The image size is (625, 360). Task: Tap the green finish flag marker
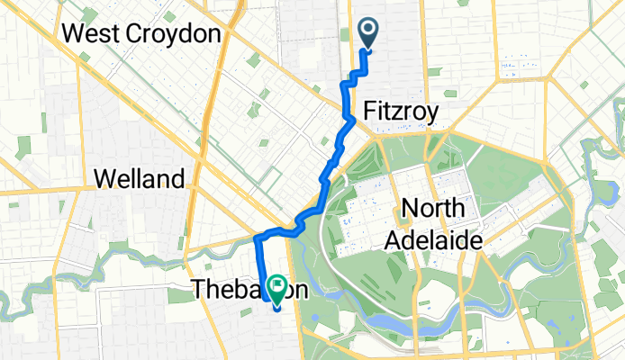tap(276, 290)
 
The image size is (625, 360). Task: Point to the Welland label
tap(140, 178)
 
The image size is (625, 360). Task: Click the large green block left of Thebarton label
tap(179, 294)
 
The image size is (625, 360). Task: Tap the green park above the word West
tap(90, 15)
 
